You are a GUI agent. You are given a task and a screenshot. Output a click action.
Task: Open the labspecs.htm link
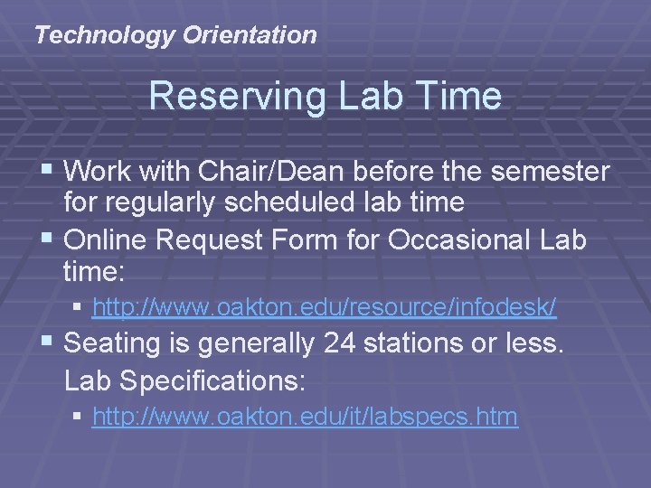coord(305,417)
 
